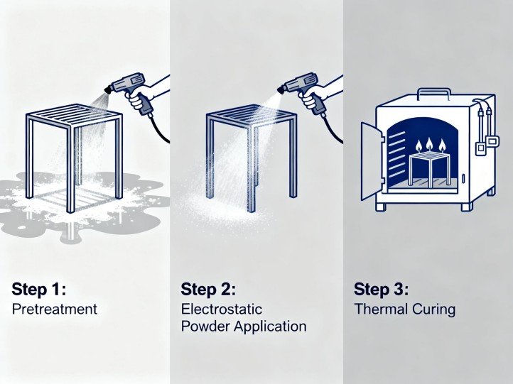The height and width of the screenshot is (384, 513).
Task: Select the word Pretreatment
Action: coord(54,309)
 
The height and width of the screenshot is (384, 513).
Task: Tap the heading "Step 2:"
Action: coord(207,290)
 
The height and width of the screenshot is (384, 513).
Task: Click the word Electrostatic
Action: coord(222,309)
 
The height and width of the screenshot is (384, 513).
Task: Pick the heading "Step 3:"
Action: coord(381,290)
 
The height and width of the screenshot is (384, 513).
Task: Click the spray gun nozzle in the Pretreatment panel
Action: coord(109,89)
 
